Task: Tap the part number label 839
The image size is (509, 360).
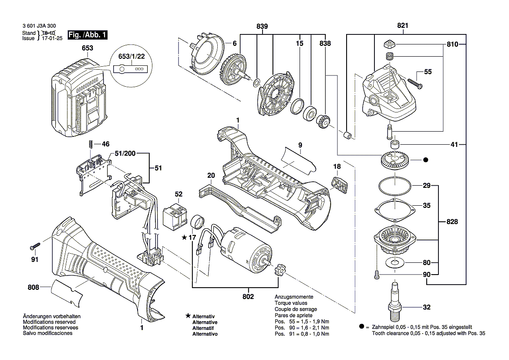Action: [262, 27]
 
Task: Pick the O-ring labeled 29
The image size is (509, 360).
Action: [394, 186]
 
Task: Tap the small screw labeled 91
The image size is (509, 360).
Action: [35, 247]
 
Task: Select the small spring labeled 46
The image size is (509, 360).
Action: [90, 144]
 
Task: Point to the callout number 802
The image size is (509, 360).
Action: [249, 296]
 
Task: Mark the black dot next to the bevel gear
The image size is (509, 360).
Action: [426, 160]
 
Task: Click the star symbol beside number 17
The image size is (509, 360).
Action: [185, 238]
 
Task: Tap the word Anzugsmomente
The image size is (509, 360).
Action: [293, 296]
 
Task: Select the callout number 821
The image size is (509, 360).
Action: [403, 26]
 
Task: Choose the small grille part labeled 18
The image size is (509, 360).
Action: [340, 183]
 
